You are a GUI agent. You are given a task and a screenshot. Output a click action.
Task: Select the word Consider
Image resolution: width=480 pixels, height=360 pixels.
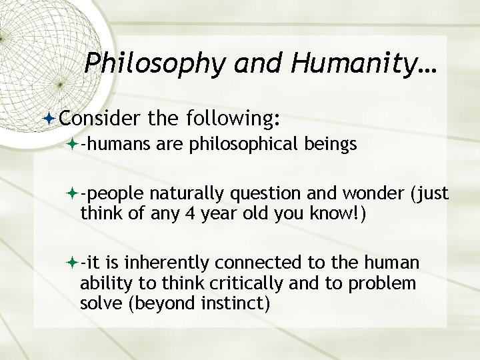[98, 118]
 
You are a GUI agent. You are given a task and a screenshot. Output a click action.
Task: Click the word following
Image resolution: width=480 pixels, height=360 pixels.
[230, 118]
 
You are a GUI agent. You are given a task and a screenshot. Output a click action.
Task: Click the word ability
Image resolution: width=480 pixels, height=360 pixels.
[101, 285]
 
